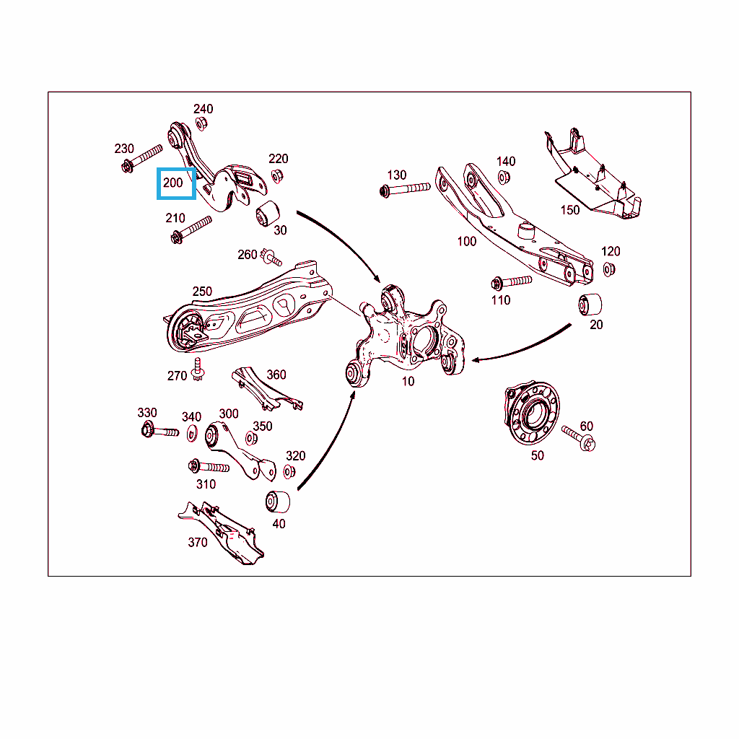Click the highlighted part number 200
[x=173, y=183]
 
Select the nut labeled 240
[x=201, y=124]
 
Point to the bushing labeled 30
[x=268, y=214]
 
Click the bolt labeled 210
[x=191, y=229]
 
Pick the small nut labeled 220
[x=277, y=177]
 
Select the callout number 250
[x=202, y=292]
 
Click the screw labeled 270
[x=198, y=369]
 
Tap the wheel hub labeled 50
[x=532, y=413]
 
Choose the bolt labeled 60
[x=579, y=438]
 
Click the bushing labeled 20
[x=590, y=305]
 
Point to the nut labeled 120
[x=609, y=270]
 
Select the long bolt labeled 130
[x=405, y=190]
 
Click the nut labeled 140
[x=504, y=178]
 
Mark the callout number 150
[x=570, y=210]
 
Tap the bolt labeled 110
[x=512, y=282]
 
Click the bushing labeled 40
[x=278, y=502]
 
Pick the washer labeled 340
[x=192, y=433]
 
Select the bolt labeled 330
[x=160, y=430]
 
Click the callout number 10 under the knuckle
[x=408, y=381]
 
